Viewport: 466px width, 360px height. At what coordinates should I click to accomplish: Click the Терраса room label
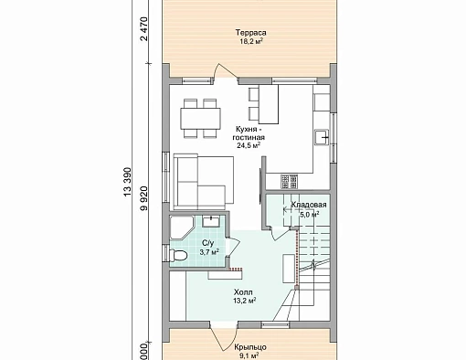(250, 33)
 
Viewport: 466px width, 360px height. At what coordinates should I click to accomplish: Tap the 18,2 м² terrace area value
(251, 41)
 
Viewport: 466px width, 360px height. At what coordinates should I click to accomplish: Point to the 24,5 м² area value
(249, 145)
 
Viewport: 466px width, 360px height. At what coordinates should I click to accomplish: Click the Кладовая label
(309, 205)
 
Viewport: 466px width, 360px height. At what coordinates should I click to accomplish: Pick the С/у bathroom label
(208, 243)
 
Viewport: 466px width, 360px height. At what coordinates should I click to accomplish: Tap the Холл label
(243, 292)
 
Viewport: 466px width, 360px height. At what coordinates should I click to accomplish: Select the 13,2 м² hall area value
(244, 301)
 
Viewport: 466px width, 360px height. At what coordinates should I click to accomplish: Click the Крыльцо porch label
(250, 347)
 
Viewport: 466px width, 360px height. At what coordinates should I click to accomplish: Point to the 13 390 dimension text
(127, 182)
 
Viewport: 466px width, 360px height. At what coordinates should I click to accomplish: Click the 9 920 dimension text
(143, 198)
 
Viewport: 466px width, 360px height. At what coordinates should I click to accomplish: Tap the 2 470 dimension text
(143, 29)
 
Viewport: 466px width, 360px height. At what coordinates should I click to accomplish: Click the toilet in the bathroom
(177, 255)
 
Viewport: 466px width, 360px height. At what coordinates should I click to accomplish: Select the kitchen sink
(322, 137)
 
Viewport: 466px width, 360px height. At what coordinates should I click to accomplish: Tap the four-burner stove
(289, 182)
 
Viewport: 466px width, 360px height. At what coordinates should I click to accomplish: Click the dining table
(201, 119)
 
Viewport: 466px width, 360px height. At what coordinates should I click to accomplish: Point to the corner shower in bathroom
(181, 228)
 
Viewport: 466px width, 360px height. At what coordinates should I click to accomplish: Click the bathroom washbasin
(212, 221)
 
